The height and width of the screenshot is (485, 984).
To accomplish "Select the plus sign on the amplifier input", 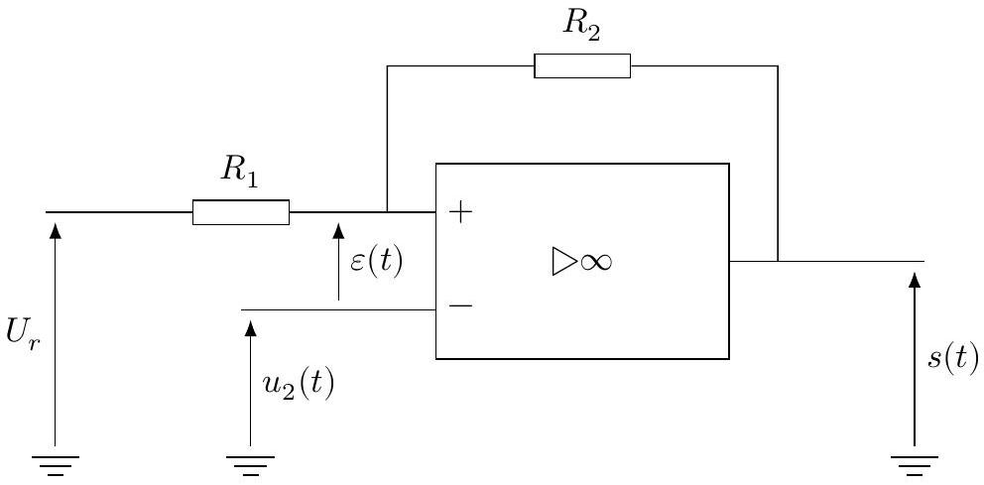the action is tap(460, 212).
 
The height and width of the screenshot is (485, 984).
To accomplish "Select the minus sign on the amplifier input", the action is tap(460, 305).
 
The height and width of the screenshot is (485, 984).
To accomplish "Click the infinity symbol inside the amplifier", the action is tap(595, 262).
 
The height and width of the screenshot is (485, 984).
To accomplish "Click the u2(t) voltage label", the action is tap(297, 384).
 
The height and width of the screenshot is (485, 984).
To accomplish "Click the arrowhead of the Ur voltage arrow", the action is tap(56, 230).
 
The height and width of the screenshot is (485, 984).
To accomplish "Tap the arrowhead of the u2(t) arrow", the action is tap(250, 328).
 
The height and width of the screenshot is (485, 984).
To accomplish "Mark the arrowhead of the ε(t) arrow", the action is tap(339, 230).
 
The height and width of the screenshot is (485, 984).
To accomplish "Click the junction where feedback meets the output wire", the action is tap(778, 261).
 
